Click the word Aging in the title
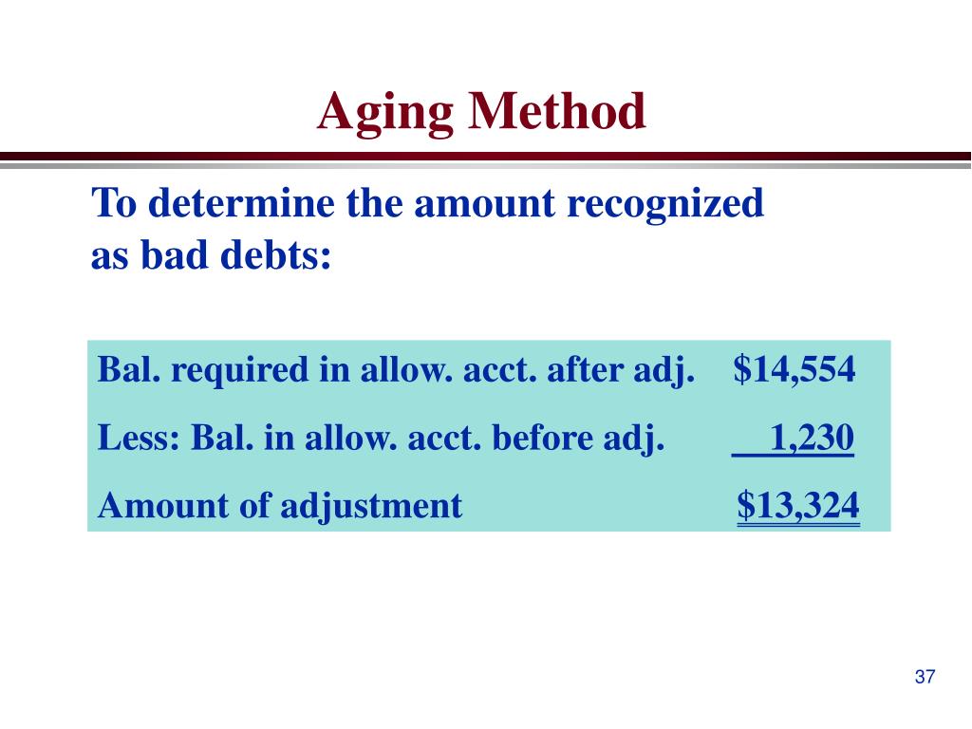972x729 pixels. (x=384, y=113)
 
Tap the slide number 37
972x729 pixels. (x=925, y=677)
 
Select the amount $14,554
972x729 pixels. (x=794, y=369)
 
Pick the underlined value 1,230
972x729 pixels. (x=812, y=438)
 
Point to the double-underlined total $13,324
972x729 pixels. (x=798, y=506)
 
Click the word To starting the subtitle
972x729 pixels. (x=112, y=203)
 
